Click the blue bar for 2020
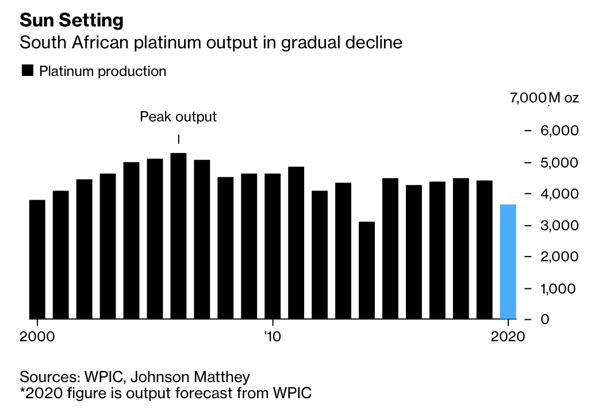coord(508,262)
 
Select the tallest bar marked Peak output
coord(179,236)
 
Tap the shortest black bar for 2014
coord(367,270)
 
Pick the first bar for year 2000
coord(37,259)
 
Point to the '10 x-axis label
coord(272,336)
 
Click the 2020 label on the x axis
coord(508,336)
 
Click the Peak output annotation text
coord(178,117)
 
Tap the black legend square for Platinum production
coord(27,71)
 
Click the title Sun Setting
coord(71,21)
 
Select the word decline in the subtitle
coord(374,43)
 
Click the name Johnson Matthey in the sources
coord(190,378)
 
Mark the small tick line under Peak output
coord(179,139)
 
